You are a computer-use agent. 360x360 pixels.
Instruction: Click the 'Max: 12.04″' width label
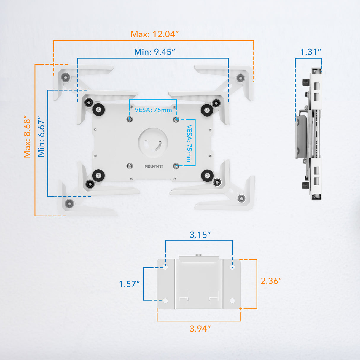click(x=154, y=34)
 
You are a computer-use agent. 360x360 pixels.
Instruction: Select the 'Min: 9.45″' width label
click(x=154, y=52)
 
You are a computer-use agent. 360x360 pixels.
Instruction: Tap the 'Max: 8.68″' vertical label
click(x=27, y=136)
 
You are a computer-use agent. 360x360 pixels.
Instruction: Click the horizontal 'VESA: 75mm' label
click(x=153, y=110)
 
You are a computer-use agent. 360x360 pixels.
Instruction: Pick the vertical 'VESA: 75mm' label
click(x=189, y=143)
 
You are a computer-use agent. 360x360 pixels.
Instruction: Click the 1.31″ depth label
click(x=310, y=52)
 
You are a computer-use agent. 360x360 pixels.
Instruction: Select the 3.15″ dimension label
click(x=200, y=235)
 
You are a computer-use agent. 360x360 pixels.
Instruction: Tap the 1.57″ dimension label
click(x=129, y=284)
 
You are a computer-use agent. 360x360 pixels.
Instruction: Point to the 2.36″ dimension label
click(x=271, y=281)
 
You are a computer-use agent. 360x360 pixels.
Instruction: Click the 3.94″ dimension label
click(x=200, y=329)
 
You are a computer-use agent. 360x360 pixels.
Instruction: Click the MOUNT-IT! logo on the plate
click(x=153, y=167)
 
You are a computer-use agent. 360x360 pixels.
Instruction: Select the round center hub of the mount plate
click(x=153, y=143)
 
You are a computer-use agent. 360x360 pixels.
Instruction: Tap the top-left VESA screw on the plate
click(x=130, y=119)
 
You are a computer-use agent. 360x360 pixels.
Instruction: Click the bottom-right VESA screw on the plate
click(x=176, y=166)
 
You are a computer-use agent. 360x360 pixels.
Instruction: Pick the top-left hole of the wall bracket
click(x=165, y=267)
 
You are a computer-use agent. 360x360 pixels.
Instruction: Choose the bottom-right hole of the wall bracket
click(x=232, y=301)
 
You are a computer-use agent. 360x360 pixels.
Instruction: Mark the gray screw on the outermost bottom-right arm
click(x=241, y=198)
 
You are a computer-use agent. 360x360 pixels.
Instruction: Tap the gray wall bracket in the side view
click(x=301, y=136)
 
